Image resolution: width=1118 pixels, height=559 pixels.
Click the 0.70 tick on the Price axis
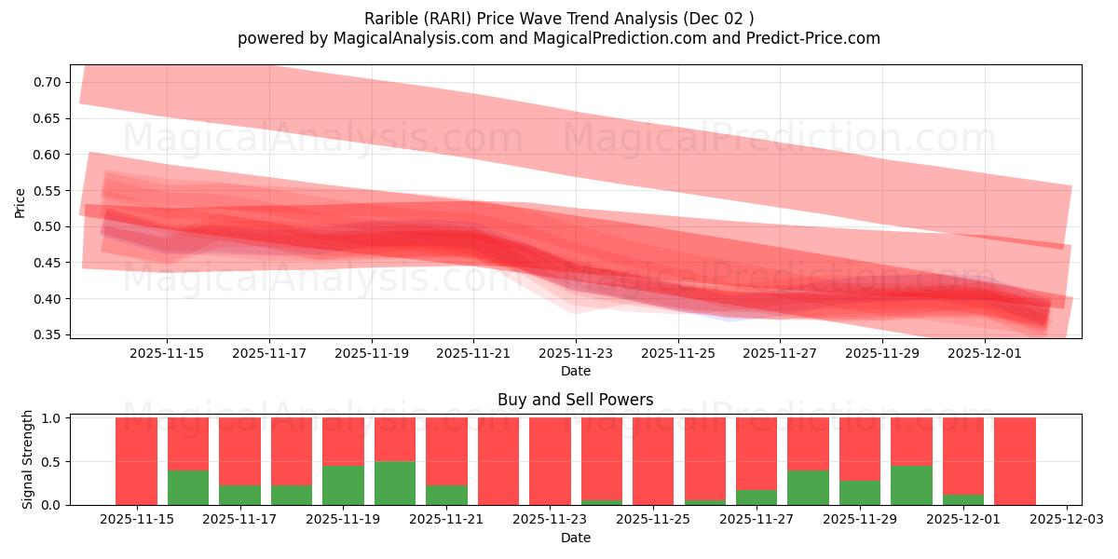pyautogui.click(x=48, y=82)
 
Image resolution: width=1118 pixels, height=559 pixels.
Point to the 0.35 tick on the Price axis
pyautogui.click(x=48, y=334)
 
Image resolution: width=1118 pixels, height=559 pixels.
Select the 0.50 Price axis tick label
pyautogui.click(x=48, y=226)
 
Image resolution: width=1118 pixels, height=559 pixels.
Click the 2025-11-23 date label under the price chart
pyautogui.click(x=576, y=353)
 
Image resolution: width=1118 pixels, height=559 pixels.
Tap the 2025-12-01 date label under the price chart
pyautogui.click(x=985, y=353)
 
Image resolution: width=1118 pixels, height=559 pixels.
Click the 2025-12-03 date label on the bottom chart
pyautogui.click(x=1065, y=520)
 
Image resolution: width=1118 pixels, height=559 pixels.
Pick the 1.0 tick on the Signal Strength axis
pyautogui.click(x=52, y=418)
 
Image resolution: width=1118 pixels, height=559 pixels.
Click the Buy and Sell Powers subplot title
pyautogui.click(x=575, y=400)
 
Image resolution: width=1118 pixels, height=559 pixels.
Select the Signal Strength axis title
pyautogui.click(x=28, y=459)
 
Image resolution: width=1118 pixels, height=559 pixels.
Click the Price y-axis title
pyautogui.click(x=20, y=202)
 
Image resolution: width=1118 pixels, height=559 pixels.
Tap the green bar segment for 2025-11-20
pyautogui.click(x=395, y=483)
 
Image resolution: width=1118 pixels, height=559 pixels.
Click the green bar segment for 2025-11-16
pyautogui.click(x=188, y=487)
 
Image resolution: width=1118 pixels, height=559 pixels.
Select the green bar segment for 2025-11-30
pyautogui.click(x=911, y=484)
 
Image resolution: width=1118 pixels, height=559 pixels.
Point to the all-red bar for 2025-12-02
pyautogui.click(x=1015, y=461)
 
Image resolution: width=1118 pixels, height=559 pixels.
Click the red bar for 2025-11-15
pyautogui.click(x=136, y=461)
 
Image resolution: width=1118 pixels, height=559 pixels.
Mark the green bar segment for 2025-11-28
pyautogui.click(x=808, y=487)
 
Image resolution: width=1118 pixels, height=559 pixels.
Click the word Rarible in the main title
pyautogui.click(x=391, y=18)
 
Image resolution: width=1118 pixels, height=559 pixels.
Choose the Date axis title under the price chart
pyautogui.click(x=575, y=371)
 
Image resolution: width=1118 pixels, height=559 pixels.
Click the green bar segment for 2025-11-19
pyautogui.click(x=343, y=484)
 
